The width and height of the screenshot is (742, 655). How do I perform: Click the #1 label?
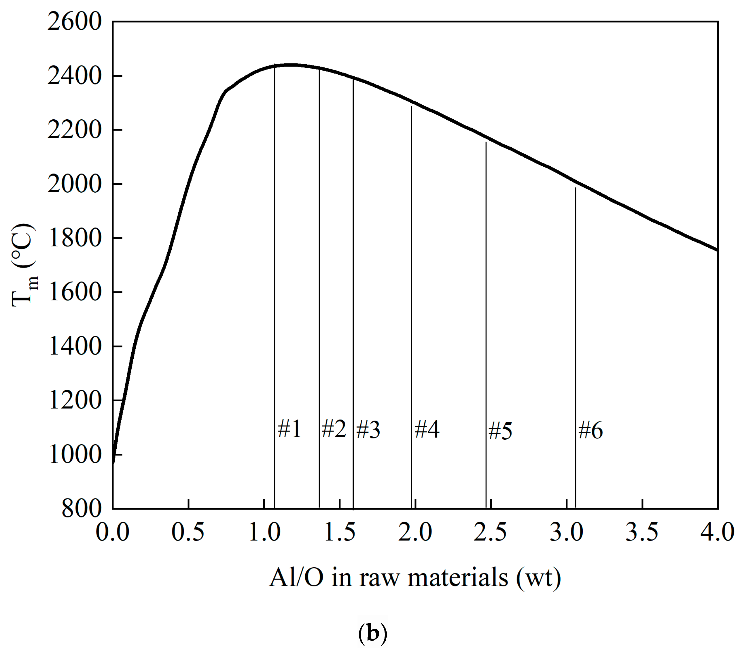tap(289, 429)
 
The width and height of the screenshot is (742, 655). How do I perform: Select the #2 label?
tap(334, 428)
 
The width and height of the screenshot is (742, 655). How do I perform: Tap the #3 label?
tap(368, 430)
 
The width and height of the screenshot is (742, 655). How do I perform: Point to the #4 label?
tap(427, 429)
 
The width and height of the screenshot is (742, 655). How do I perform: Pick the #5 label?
tap(500, 431)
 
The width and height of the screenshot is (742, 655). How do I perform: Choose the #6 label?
tap(590, 430)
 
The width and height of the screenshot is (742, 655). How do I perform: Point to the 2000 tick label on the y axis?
tap(74, 184)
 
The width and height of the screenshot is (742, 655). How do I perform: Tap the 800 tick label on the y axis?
tap(82, 508)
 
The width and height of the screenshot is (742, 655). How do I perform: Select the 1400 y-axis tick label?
tap(74, 346)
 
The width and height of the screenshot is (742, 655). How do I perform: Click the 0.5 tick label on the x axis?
tap(188, 532)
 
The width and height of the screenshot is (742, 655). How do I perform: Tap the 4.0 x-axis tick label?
tap(717, 532)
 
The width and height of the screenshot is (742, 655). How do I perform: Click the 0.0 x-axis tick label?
tap(113, 532)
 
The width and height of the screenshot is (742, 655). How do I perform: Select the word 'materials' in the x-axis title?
tap(458, 578)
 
